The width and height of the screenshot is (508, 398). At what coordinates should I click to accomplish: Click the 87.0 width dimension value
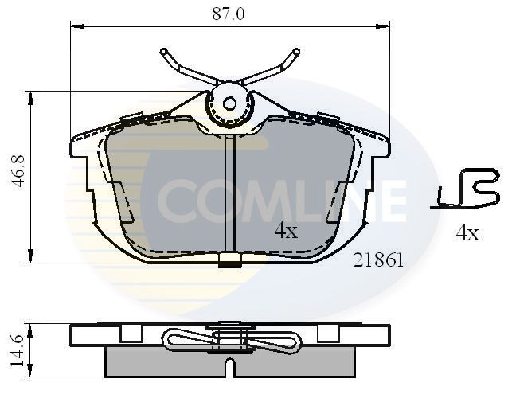click(x=230, y=14)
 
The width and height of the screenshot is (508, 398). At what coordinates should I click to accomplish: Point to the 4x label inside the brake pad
click(x=286, y=231)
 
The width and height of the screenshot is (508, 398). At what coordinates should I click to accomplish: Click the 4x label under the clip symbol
click(x=467, y=233)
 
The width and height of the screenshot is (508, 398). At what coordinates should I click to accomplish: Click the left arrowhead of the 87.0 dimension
click(x=75, y=26)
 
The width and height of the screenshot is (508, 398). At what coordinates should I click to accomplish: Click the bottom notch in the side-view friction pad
click(x=229, y=369)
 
